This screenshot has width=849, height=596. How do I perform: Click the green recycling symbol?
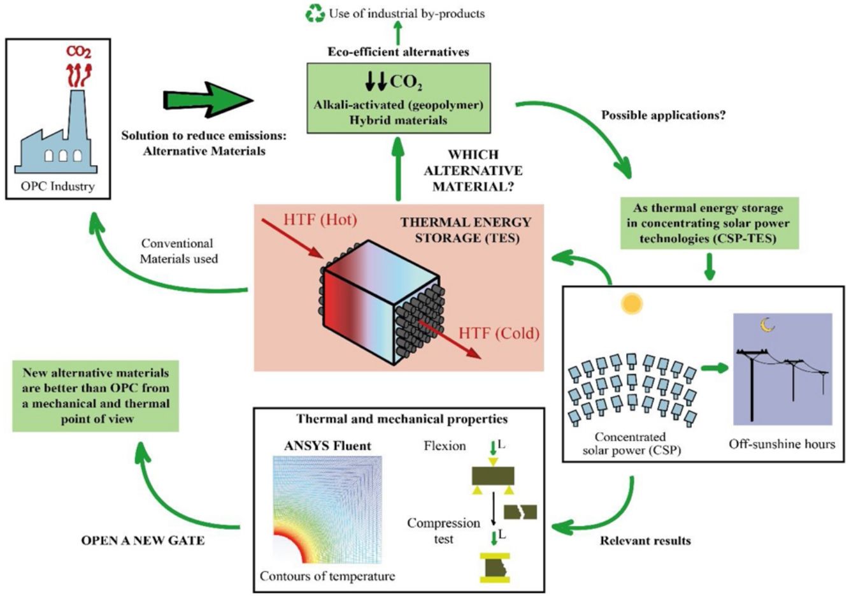tap(315, 13)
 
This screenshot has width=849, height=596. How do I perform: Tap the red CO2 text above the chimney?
tap(79, 52)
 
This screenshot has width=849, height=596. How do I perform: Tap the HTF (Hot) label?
tap(320, 220)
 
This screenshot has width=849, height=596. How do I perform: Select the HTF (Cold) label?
tap(499, 333)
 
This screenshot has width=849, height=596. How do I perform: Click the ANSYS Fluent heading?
tap(327, 446)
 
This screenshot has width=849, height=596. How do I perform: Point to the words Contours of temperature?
tap(327, 576)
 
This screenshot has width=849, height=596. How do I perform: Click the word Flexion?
tap(445, 446)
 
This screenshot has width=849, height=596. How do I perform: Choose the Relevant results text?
tap(645, 541)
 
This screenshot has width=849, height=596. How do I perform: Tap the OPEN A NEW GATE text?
tap(143, 540)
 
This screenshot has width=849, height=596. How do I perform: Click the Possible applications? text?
tap(664, 116)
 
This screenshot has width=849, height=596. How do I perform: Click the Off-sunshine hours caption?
tap(781, 444)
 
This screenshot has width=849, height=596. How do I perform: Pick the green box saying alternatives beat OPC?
tap(96, 396)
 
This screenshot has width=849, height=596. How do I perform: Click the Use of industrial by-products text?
tap(406, 13)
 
